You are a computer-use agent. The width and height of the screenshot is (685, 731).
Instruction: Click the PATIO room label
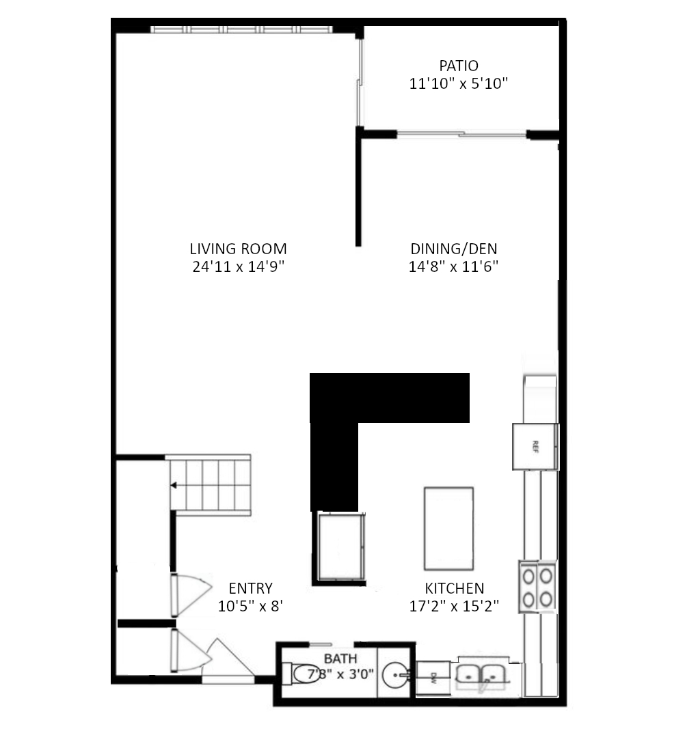[x=459, y=66]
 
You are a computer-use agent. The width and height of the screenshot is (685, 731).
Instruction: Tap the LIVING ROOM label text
[x=238, y=249]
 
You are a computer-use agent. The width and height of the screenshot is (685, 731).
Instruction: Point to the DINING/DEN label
[x=453, y=249]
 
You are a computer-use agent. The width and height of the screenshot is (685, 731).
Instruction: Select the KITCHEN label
[x=455, y=588]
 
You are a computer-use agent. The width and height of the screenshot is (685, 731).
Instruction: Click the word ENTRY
[x=250, y=588]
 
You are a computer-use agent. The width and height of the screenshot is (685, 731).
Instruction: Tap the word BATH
[x=340, y=659]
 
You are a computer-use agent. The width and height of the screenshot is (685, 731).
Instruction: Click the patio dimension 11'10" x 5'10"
[x=458, y=83]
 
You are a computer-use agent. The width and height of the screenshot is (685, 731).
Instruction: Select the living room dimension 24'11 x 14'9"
[x=238, y=266]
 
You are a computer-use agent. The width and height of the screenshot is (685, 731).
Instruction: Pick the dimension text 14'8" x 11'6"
[x=453, y=266]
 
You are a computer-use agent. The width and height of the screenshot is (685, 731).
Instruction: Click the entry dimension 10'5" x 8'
[x=250, y=605]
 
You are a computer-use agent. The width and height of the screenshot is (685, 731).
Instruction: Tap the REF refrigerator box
[x=536, y=446]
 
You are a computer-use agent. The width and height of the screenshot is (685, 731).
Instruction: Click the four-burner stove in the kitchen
[x=537, y=587]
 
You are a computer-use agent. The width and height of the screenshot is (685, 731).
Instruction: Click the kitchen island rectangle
[x=448, y=528]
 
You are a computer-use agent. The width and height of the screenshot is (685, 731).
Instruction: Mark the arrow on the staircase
[x=175, y=485]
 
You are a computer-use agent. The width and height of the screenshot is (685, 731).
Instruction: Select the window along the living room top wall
[x=241, y=29]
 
